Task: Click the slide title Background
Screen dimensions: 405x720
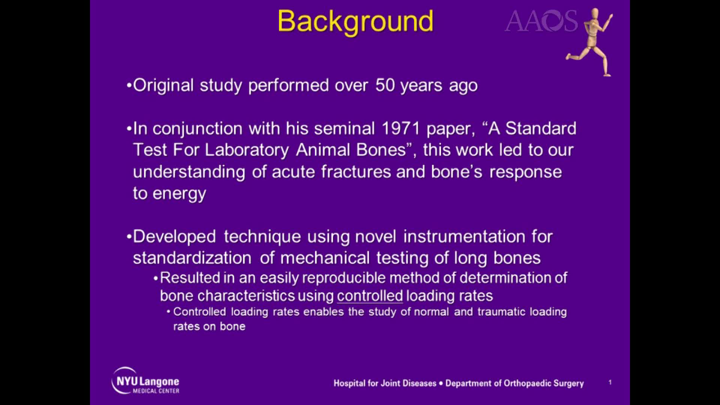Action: [355, 21]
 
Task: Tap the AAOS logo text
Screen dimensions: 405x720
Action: [541, 21]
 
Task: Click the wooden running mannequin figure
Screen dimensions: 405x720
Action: [590, 41]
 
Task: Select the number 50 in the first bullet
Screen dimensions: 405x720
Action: [385, 85]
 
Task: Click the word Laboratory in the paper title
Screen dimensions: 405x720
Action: [247, 150]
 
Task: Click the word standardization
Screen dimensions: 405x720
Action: [192, 258]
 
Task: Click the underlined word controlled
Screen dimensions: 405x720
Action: [370, 296]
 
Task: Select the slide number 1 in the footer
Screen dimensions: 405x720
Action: [610, 382]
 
